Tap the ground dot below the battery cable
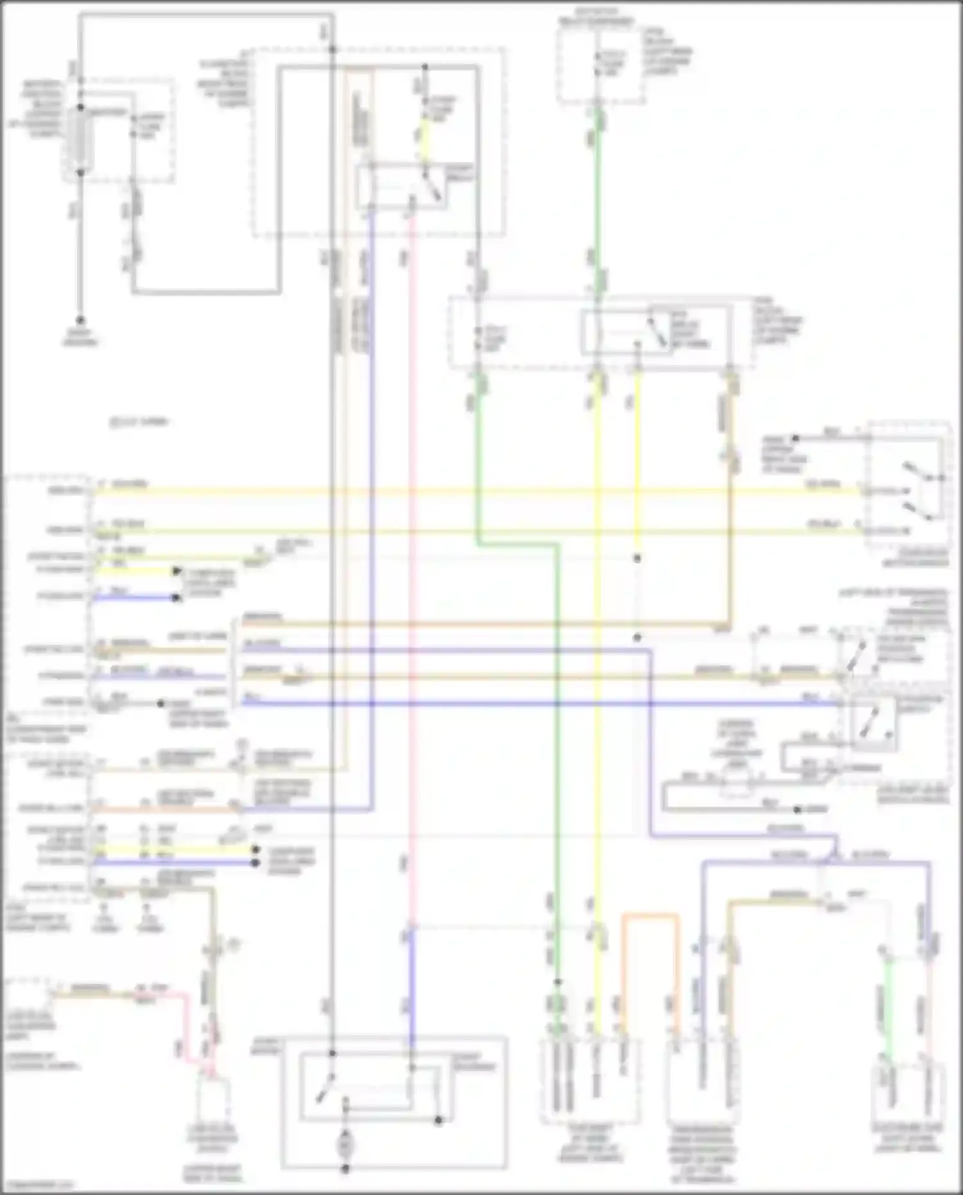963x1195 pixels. (x=80, y=320)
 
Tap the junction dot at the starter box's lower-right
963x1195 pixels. (x=438, y=1121)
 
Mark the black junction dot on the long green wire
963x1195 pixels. (x=558, y=982)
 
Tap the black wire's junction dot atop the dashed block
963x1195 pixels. (x=332, y=49)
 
